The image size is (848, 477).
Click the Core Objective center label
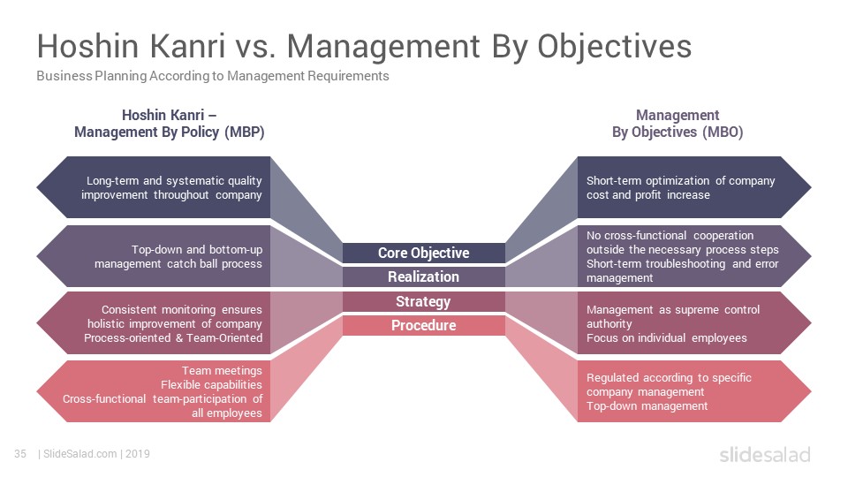(423, 253)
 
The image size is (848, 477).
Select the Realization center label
(423, 276)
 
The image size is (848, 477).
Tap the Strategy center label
(423, 301)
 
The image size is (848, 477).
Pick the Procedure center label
(423, 326)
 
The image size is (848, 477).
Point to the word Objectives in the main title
(615, 47)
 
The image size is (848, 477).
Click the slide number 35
(20, 454)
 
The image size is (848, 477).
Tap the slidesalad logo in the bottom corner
(765, 454)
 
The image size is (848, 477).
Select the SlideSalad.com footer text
(80, 454)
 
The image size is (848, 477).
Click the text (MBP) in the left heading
(245, 132)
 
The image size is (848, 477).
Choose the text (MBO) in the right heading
(723, 132)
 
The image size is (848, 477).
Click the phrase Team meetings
(222, 370)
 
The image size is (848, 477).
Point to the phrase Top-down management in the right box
(647, 405)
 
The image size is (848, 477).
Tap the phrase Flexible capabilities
(211, 384)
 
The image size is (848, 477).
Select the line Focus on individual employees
(666, 338)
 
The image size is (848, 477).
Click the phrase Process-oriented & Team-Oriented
(173, 338)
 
